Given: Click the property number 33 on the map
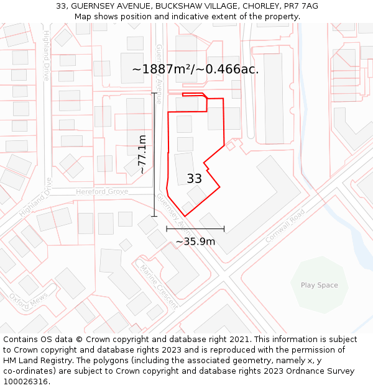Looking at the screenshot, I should (194, 179).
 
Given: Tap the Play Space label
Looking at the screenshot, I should (320, 286).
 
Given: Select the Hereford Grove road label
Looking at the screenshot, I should (102, 192).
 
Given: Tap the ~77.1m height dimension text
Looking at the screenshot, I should (142, 154).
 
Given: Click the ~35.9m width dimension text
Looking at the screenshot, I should (195, 241).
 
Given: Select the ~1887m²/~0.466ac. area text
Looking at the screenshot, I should (195, 69).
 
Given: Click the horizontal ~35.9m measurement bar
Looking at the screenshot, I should (195, 229).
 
